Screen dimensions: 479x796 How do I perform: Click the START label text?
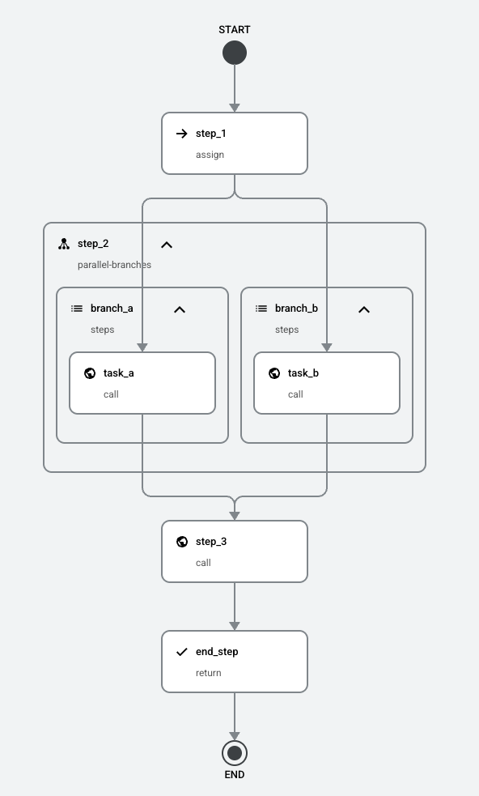(x=235, y=29)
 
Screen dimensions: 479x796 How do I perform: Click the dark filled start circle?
(x=235, y=53)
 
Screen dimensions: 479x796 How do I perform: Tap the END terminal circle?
(x=235, y=753)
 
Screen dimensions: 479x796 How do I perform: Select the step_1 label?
(x=211, y=134)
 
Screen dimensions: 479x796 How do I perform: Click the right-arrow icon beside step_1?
(x=182, y=134)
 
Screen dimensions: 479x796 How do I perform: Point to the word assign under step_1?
(x=210, y=155)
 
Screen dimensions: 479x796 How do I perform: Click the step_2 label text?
(x=93, y=244)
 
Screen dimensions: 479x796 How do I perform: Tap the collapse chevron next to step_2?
(x=167, y=245)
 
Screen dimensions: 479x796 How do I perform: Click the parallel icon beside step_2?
(x=63, y=244)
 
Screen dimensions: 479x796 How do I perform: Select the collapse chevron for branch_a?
(x=180, y=309)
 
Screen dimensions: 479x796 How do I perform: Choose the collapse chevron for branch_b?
(x=364, y=309)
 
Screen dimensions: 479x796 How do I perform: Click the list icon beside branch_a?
(x=77, y=309)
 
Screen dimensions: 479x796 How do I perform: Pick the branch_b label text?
(x=296, y=309)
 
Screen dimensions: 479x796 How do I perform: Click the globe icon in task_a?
(x=90, y=373)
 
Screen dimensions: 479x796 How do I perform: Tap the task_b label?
(x=303, y=373)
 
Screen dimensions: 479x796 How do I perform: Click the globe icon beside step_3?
(x=182, y=542)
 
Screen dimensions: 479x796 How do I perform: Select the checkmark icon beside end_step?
(x=182, y=652)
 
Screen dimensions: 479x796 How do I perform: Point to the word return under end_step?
(x=209, y=673)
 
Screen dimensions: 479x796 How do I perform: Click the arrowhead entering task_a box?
(x=142, y=347)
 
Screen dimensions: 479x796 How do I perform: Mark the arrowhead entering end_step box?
(x=235, y=627)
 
